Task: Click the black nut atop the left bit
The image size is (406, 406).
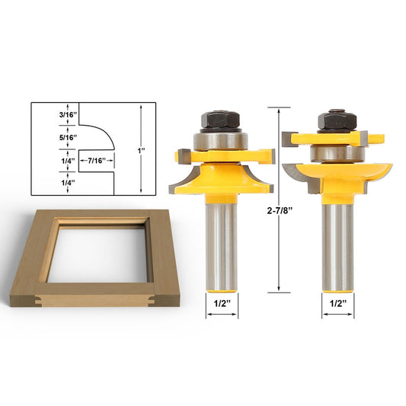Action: (x=221, y=120)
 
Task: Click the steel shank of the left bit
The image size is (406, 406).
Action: (x=221, y=244)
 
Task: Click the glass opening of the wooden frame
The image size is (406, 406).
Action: (x=104, y=251)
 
